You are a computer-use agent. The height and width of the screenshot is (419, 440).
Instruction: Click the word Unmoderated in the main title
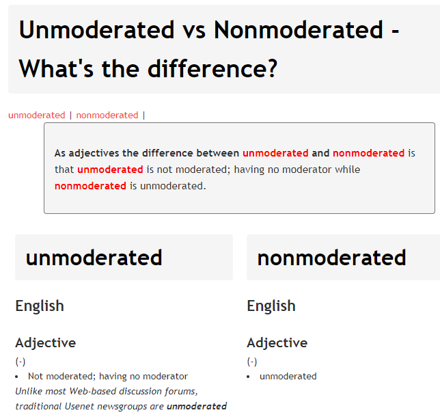pyautogui.click(x=97, y=29)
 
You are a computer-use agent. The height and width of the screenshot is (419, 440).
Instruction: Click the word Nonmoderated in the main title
pyautogui.click(x=299, y=29)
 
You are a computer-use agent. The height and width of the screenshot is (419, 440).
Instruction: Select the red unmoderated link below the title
pyautogui.click(x=37, y=115)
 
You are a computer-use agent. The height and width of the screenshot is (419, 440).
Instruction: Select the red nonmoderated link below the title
pyautogui.click(x=107, y=115)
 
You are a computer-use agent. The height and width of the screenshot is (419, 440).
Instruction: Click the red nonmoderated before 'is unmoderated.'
pyautogui.click(x=90, y=186)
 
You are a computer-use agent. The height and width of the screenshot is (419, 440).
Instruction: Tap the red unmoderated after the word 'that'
pyautogui.click(x=110, y=170)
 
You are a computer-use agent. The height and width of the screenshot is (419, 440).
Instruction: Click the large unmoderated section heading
pyautogui.click(x=94, y=258)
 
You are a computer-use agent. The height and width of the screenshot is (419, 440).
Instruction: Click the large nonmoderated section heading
pyautogui.click(x=331, y=258)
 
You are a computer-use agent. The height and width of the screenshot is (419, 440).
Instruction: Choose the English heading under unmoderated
pyautogui.click(x=40, y=306)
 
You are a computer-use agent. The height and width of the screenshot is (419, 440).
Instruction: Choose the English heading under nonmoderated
pyautogui.click(x=271, y=306)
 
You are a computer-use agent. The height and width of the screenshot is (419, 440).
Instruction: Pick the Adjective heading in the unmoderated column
pyautogui.click(x=46, y=342)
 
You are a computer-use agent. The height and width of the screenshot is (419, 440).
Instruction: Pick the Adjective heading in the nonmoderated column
pyautogui.click(x=277, y=342)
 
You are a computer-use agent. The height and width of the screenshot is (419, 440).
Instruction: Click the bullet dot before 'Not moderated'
pyautogui.click(x=16, y=377)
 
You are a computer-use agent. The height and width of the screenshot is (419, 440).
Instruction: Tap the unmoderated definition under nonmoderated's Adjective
pyautogui.click(x=288, y=376)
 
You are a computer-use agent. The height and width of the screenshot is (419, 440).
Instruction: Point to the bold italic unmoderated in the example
pyautogui.click(x=197, y=406)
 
